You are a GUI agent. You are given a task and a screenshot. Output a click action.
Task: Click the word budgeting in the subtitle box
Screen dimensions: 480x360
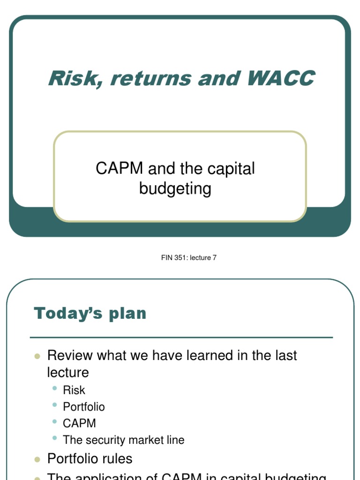pos(175,188)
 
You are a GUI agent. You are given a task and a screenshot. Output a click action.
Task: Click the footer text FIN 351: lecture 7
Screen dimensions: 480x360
pos(188,258)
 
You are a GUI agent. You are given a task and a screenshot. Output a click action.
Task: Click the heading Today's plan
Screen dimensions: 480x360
pos(90,314)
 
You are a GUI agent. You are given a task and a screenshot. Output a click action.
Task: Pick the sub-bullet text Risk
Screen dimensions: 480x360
pos(74,390)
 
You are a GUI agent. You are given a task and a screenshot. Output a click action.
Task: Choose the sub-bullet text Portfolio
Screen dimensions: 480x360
pos(84,406)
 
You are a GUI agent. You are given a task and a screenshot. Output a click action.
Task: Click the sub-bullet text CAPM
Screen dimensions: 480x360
pos(79,423)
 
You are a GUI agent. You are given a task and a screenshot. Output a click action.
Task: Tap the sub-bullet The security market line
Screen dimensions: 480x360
pos(124,440)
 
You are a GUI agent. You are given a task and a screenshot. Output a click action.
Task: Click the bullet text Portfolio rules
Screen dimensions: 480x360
pos(90,458)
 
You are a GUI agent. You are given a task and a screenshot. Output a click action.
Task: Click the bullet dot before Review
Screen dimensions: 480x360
pos(37,356)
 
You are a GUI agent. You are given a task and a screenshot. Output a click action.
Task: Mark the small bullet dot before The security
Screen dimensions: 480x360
pos(55,439)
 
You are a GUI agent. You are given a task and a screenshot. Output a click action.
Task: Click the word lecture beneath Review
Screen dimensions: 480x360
pos(68,373)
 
